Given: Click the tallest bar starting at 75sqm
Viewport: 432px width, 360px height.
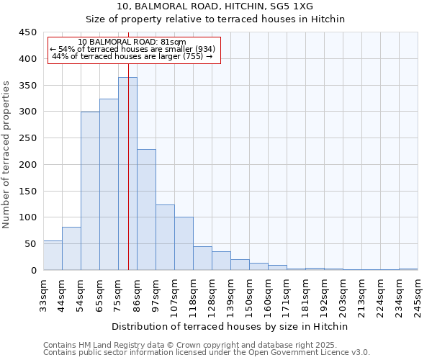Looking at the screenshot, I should click(x=127, y=174).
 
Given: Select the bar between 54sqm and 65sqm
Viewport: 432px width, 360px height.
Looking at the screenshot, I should click(x=90, y=191).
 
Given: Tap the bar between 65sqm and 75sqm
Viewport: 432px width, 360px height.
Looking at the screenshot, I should click(x=109, y=184).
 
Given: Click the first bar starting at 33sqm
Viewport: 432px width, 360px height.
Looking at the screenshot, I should click(x=53, y=256).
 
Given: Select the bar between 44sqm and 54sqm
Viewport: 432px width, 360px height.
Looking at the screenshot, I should click(x=71, y=248).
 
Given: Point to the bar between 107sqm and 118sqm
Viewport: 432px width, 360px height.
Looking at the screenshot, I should click(x=184, y=243).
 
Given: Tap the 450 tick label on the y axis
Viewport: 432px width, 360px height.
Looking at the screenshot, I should click(x=28, y=32).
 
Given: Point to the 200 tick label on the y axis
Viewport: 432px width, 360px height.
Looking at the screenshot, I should click(x=28, y=165).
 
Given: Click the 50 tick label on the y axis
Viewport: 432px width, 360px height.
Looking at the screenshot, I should click(x=31, y=244).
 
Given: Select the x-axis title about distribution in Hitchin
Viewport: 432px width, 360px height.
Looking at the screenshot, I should click(x=230, y=326).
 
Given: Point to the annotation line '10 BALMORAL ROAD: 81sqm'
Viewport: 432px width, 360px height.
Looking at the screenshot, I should click(x=132, y=42).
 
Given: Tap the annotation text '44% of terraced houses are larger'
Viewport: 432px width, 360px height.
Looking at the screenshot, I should click(x=132, y=56).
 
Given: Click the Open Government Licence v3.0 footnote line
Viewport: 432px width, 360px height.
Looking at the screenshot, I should click(x=207, y=352).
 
